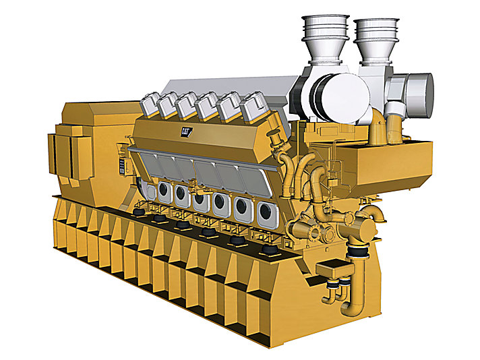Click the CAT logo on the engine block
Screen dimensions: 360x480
(x=186, y=132)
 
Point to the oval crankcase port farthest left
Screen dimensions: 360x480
(x=162, y=193)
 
